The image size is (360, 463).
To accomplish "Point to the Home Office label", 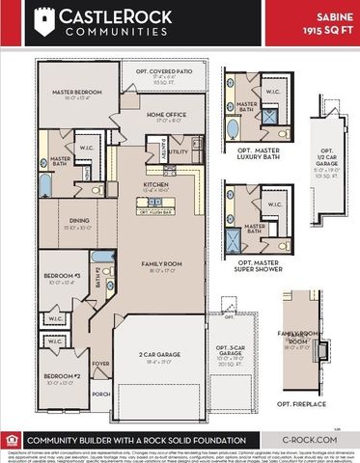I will pyautogui.click(x=168, y=117).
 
